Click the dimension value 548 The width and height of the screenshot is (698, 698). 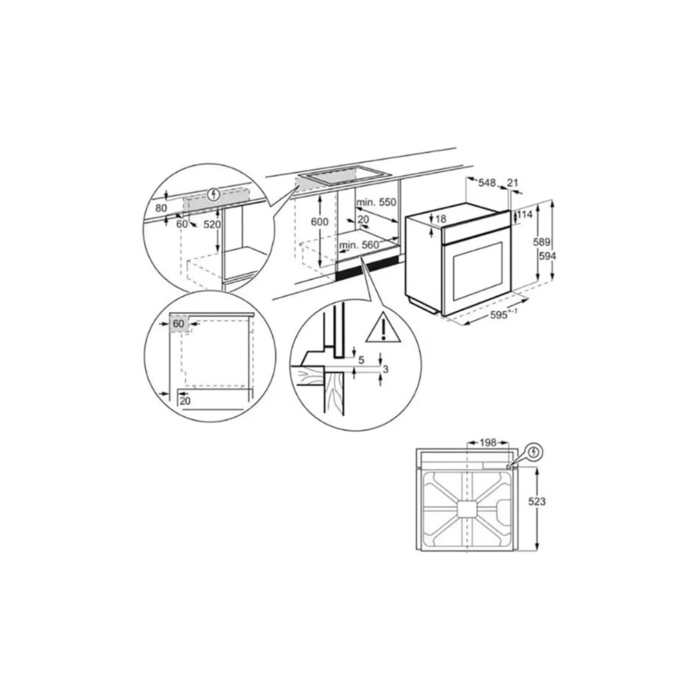click(x=486, y=182)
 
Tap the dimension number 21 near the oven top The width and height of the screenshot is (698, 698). click(x=514, y=182)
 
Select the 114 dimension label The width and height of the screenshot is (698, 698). click(x=524, y=215)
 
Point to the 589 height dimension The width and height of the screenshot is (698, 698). click(x=541, y=242)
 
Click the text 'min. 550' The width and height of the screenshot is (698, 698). click(x=376, y=203)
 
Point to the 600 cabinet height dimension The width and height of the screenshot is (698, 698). click(x=319, y=222)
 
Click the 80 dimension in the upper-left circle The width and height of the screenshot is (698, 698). click(x=162, y=207)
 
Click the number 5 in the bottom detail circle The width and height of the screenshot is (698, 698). click(x=361, y=359)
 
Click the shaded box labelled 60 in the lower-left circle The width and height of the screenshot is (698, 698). click(x=179, y=323)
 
